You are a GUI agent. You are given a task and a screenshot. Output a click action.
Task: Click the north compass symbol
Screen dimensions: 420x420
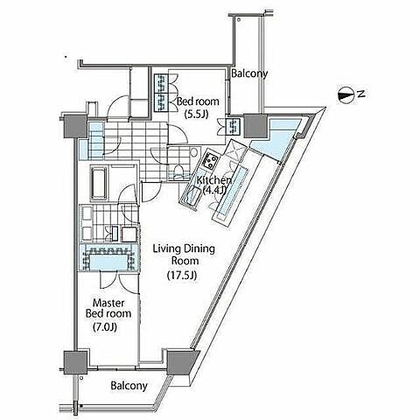pos(346,94)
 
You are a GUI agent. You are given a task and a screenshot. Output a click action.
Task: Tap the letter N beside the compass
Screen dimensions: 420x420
pos(361,94)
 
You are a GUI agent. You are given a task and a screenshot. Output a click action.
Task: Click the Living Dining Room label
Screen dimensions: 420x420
pos(184,255)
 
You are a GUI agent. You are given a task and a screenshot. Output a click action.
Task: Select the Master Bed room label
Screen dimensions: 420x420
pos(108,308)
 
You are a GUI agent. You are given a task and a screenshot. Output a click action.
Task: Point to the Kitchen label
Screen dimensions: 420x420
pos(213,180)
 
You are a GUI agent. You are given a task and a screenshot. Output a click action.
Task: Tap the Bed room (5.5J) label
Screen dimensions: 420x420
pos(198,108)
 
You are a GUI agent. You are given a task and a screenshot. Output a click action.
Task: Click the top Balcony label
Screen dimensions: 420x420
pos(249,73)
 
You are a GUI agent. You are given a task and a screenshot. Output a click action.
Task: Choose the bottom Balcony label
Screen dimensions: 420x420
pos(129,386)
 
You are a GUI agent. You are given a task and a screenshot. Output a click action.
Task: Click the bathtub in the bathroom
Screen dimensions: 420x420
pos(100,183)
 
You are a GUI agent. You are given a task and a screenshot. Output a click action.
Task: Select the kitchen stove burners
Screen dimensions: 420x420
pos(211,161)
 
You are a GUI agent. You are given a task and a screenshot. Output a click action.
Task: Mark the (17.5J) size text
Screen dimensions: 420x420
pos(182,275)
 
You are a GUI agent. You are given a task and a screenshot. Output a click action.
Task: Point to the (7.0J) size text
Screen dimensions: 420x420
pos(105,327)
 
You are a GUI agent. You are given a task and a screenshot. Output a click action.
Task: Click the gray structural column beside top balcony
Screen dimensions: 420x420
pos(255,126)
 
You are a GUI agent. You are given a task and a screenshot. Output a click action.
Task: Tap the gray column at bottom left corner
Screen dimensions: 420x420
pos(75,362)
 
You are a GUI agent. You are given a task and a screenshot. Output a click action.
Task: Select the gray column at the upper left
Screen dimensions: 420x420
pos(75,127)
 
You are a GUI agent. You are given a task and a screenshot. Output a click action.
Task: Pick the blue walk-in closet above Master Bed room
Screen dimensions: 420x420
pos(109,258)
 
